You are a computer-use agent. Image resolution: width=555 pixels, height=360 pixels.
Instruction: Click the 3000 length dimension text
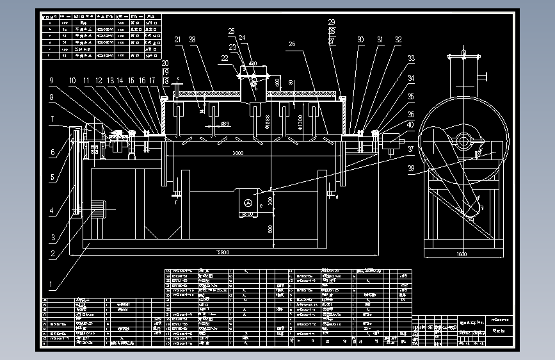tap(237, 154)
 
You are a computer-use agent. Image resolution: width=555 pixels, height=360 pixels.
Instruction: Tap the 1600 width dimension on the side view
tap(462, 254)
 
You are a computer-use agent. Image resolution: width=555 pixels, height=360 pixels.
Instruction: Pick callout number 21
tap(177, 40)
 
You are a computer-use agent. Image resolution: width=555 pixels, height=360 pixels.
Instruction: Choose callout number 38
tap(193, 40)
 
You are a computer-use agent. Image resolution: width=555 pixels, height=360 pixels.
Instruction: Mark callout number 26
tap(291, 44)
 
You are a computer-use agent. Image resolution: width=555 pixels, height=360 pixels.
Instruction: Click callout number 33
tap(410, 58)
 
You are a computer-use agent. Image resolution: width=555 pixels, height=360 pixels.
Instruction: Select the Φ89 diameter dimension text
tap(225, 123)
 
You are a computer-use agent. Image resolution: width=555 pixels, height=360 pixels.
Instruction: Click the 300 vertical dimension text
tap(271, 200)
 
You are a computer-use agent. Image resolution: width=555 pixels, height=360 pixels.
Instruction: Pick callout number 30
tap(361, 40)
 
